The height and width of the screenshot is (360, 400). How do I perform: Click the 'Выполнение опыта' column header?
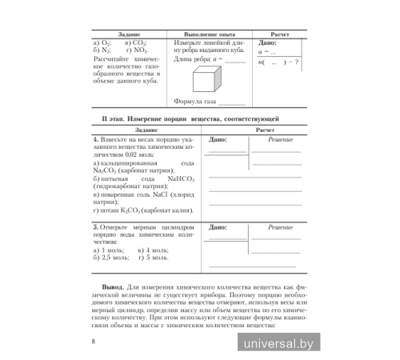coord(209,34)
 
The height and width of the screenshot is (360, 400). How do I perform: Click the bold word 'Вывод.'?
coord(115,283)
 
